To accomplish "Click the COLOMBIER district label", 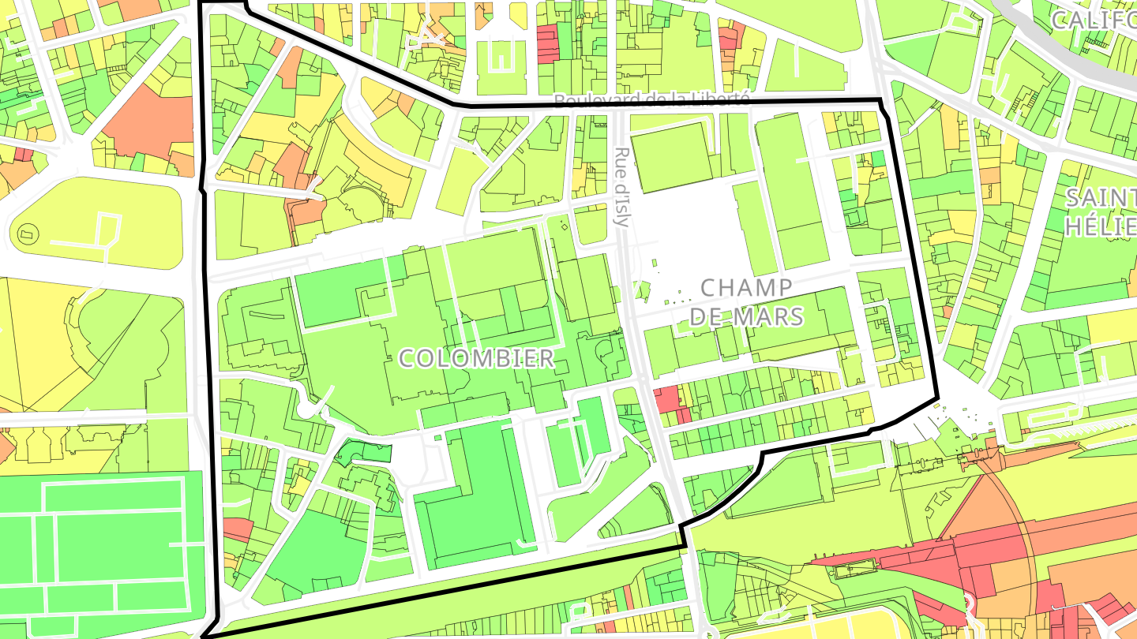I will click(x=476, y=358).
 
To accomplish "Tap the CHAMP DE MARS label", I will click(x=746, y=302).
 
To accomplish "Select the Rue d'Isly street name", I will click(x=622, y=186).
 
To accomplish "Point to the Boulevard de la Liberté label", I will click(x=651, y=99).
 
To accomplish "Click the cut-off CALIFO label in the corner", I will click(x=1094, y=21).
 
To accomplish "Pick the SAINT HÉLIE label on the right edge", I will click(x=1101, y=211).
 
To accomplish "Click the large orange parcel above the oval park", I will click(x=147, y=126).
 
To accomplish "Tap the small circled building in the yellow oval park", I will click(x=28, y=234).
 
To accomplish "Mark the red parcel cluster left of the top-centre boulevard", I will click(x=548, y=43).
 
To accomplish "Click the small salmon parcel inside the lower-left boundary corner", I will click(x=238, y=529).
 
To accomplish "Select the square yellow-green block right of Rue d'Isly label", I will click(x=672, y=157).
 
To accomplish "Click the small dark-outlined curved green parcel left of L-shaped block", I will click(x=366, y=451).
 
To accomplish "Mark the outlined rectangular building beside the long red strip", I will click(x=857, y=565).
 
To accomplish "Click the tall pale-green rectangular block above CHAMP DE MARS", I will click(x=790, y=189).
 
